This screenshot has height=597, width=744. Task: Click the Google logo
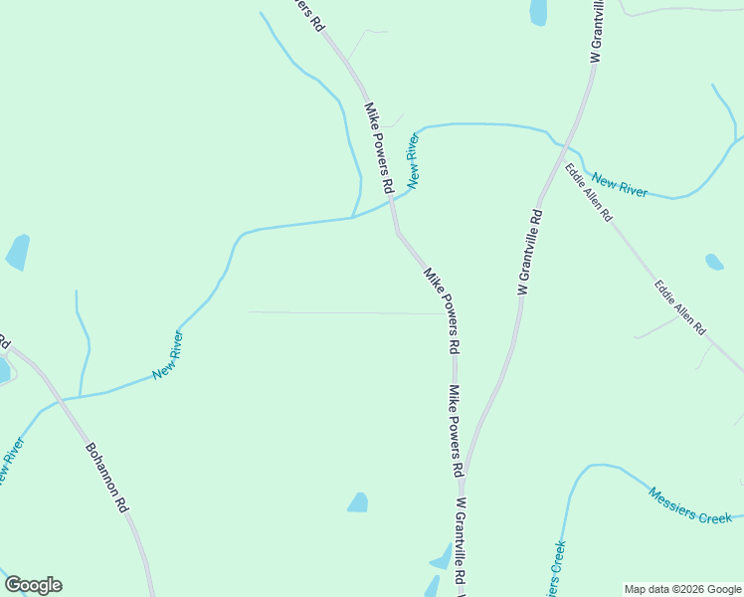point(33,585)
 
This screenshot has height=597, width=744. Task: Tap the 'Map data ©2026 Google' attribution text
point(682,589)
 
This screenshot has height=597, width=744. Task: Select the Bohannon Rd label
point(107,478)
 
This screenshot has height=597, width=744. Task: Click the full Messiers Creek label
point(689,504)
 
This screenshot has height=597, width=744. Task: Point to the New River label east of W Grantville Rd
point(619,184)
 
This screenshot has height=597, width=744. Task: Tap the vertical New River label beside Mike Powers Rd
point(413,159)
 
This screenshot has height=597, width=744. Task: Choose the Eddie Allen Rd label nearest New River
point(588,192)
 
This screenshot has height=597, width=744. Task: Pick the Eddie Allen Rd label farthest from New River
point(679,307)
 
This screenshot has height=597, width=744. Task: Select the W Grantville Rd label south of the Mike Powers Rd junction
point(462,542)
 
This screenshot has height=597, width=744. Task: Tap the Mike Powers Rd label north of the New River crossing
point(379,146)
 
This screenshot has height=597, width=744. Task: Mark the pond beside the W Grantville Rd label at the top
point(538,12)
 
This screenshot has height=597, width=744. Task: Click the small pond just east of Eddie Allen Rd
point(714,263)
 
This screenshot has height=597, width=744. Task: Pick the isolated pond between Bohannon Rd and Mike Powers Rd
point(358,502)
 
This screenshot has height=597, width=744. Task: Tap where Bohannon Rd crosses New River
point(58,398)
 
